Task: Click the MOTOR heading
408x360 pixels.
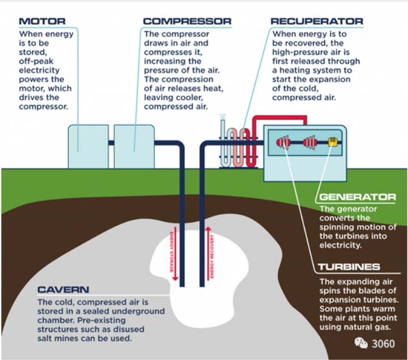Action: [x=42, y=22]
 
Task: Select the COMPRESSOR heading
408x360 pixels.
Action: [x=187, y=22]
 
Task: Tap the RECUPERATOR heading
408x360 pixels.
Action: [x=317, y=22]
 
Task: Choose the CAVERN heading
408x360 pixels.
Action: [x=63, y=289]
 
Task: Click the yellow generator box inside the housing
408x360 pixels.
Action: [x=332, y=142]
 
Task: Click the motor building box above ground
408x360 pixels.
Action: [x=89, y=146]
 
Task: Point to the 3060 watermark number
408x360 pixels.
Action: [x=384, y=344]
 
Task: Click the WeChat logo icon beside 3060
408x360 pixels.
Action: [x=361, y=344]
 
